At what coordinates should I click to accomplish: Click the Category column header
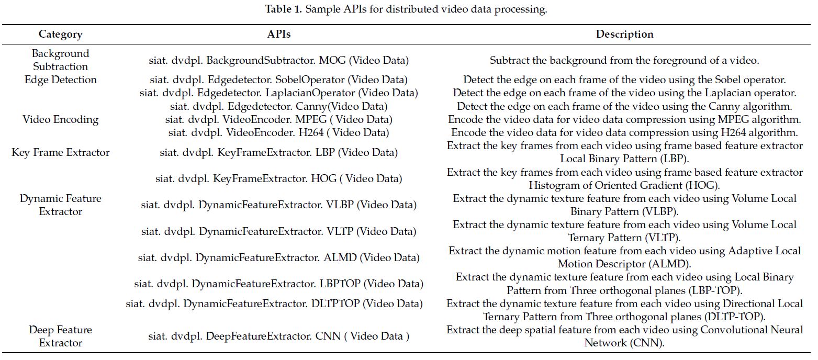(x=60, y=35)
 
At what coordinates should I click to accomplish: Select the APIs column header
(x=278, y=35)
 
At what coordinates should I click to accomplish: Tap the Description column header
(x=624, y=35)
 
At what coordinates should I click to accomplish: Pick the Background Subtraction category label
(x=60, y=60)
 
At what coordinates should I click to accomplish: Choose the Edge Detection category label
(x=60, y=80)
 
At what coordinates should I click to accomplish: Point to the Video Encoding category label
(x=60, y=120)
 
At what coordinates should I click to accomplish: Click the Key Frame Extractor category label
(x=60, y=153)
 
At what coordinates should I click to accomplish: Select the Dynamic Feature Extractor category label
(x=60, y=205)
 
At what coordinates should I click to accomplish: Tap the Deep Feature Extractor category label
(x=60, y=336)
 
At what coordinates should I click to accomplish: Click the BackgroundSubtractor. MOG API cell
(x=278, y=61)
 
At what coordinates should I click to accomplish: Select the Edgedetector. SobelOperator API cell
(x=278, y=80)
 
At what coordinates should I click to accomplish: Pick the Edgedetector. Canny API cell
(x=278, y=107)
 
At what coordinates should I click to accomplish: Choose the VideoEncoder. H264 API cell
(x=278, y=133)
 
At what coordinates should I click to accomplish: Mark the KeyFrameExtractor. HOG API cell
(x=278, y=179)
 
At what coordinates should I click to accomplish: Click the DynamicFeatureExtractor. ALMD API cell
(x=278, y=257)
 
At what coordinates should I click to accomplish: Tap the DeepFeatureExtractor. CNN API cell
(x=278, y=336)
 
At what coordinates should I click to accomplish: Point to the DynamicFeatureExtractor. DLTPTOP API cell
(x=274, y=303)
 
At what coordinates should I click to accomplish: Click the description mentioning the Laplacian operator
(x=624, y=93)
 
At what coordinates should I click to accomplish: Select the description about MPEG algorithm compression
(x=624, y=120)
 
